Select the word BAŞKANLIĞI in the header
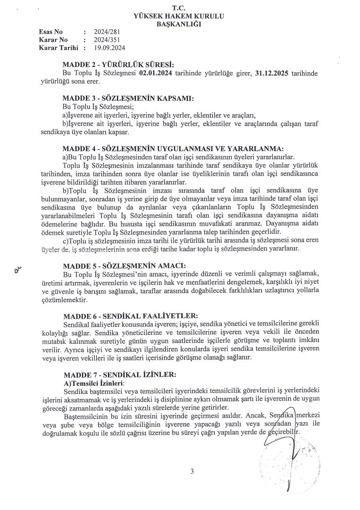point(179,24)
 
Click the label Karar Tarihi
point(58,48)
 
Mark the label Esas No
point(50,33)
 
